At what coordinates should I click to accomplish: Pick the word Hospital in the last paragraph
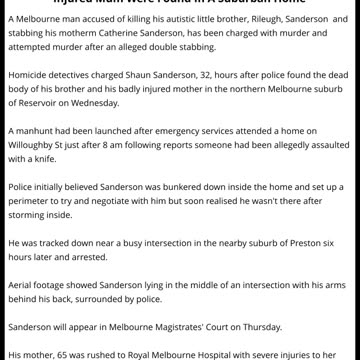[221, 353]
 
